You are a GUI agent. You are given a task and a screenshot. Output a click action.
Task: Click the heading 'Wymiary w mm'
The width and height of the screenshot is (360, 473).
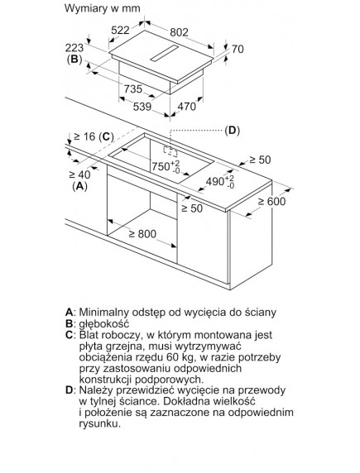pyautogui.click(x=102, y=8)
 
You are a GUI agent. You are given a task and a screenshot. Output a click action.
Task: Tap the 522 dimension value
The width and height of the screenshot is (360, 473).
pyautogui.click(x=120, y=30)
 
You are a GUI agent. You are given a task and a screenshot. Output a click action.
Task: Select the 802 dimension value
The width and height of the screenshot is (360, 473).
pyautogui.click(x=179, y=32)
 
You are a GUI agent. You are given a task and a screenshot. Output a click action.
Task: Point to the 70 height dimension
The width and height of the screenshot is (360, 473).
pyautogui.click(x=238, y=49)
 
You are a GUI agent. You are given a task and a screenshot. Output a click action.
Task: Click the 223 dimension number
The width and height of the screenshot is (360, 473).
pyautogui.click(x=74, y=48)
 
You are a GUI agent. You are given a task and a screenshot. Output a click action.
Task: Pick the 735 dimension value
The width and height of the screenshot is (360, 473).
pyautogui.click(x=133, y=88)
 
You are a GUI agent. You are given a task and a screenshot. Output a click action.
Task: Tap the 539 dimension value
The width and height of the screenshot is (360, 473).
pyautogui.click(x=142, y=107)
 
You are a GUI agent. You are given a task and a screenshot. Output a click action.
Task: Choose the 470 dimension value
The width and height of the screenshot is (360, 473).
pyautogui.click(x=187, y=106)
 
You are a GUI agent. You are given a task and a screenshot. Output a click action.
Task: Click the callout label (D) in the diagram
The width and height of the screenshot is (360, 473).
pyautogui.click(x=232, y=131)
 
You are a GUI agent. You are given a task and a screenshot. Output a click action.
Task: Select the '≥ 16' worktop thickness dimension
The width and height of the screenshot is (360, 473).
pyautogui.click(x=85, y=136)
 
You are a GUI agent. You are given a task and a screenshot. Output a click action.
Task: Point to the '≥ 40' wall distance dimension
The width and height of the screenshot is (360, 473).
pyautogui.click(x=79, y=174)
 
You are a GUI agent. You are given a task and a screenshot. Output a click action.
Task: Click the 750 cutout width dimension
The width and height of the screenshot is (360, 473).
pyautogui.click(x=166, y=166)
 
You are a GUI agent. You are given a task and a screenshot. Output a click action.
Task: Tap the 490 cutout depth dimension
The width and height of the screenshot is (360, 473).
pyautogui.click(x=220, y=181)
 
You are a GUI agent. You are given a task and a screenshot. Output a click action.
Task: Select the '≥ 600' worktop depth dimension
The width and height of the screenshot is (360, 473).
pyautogui.click(x=271, y=201)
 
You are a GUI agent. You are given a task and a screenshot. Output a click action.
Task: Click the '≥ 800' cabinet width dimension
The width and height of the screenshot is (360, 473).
pyautogui.click(x=142, y=234)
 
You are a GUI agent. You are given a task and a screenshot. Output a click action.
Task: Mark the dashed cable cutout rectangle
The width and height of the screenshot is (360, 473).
pyautogui.click(x=170, y=151)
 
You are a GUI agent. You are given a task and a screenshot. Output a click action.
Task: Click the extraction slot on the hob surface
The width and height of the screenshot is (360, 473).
pyautogui.click(x=165, y=54)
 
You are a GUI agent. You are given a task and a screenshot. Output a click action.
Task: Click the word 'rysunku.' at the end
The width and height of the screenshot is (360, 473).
pyautogui.click(x=99, y=424)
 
